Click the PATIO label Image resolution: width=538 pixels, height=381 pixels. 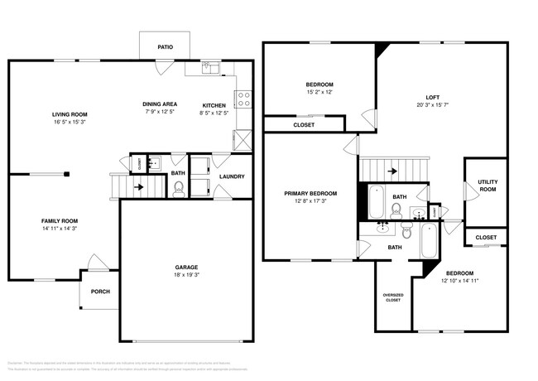[166, 47]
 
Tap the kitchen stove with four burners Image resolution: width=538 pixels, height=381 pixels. [244, 99]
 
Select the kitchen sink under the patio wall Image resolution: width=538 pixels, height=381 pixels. [209, 68]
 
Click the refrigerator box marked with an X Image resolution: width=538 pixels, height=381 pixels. [243, 139]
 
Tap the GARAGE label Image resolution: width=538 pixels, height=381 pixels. [186, 267]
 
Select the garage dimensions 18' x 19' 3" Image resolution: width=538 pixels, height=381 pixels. [186, 276]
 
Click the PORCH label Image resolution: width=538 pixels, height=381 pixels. [100, 292]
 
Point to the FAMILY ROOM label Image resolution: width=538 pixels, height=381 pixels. [60, 220]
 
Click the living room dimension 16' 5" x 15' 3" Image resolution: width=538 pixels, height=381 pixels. [70, 123]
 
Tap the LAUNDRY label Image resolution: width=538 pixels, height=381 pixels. [231, 176]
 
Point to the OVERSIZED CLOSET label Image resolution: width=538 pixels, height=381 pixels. [392, 297]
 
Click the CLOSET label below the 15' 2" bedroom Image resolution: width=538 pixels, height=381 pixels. [304, 125]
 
